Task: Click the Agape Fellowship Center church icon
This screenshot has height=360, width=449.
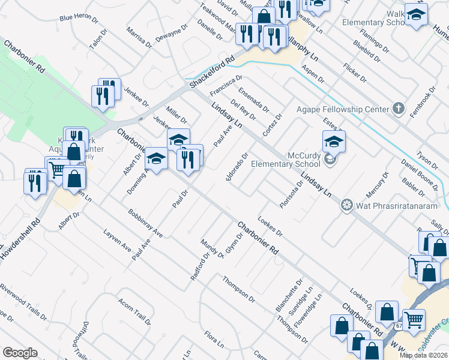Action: pyautogui.click(x=397, y=109)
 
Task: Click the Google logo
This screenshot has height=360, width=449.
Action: pyautogui.click(x=20, y=353)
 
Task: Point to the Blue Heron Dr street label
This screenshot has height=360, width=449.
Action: pyautogui.click(x=79, y=18)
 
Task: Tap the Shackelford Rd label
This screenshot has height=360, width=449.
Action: pyautogui.click(x=212, y=74)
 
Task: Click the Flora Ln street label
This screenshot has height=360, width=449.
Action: pyautogui.click(x=214, y=340)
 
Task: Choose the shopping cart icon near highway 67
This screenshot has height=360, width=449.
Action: pyautogui.click(x=414, y=320)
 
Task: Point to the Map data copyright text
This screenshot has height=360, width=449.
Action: pyautogui.click(x=423, y=355)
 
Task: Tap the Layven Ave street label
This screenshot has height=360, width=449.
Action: pyautogui.click(x=117, y=239)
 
